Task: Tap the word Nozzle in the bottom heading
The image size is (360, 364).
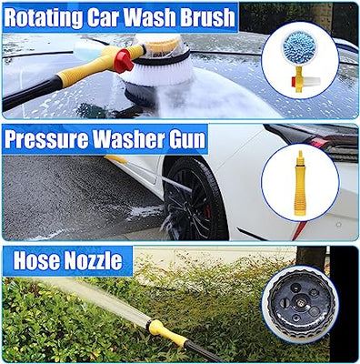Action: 95,262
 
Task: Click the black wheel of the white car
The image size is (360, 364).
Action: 194,192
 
